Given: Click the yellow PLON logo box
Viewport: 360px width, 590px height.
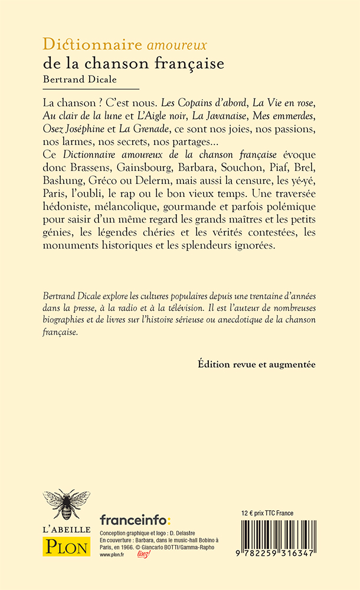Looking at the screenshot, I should [67, 545].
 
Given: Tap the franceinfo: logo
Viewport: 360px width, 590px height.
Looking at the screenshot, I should [135, 520].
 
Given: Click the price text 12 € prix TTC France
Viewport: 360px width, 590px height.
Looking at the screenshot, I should [269, 513].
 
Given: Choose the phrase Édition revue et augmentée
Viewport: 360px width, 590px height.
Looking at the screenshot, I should [257, 365].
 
